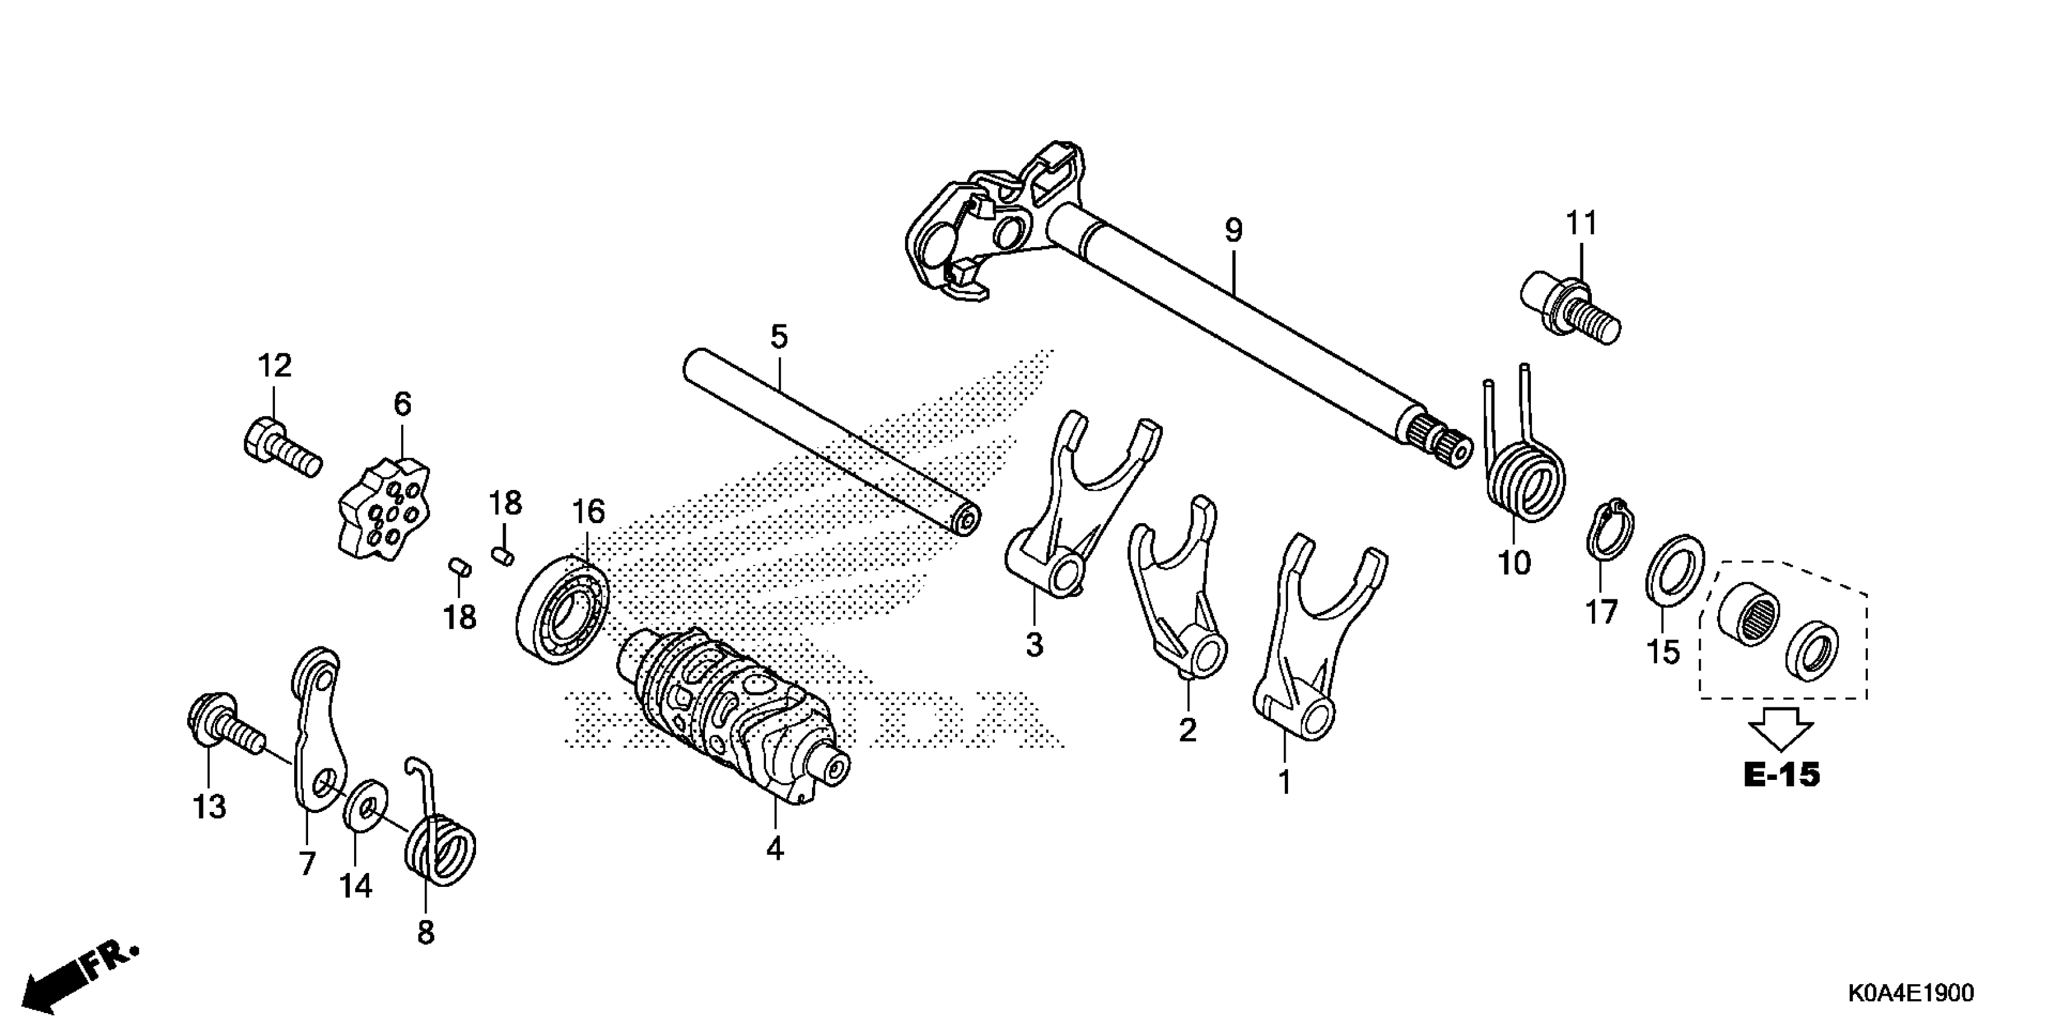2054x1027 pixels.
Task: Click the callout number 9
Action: click(x=1233, y=231)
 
